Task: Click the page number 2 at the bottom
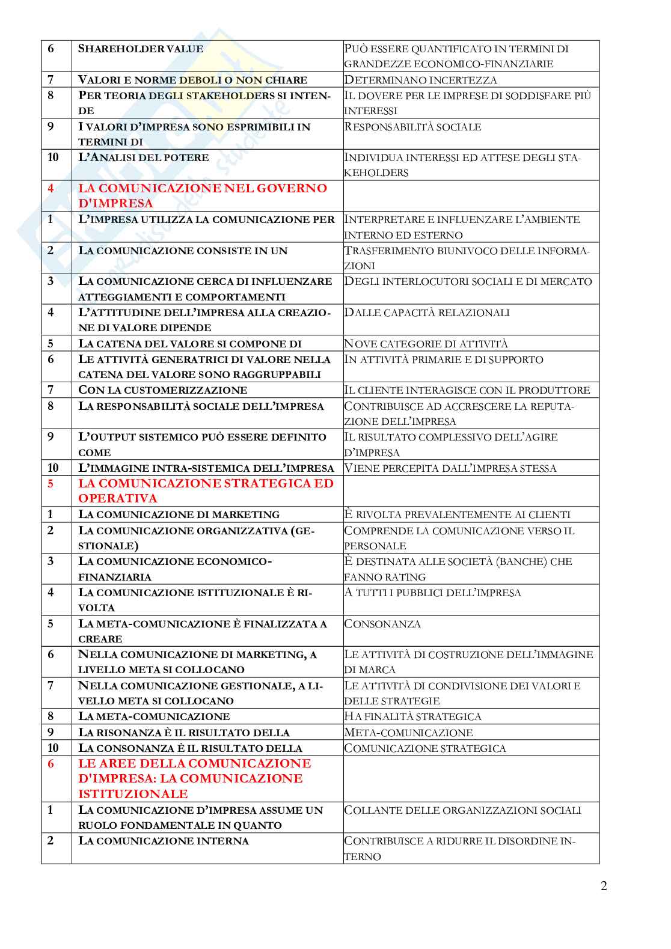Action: [604, 886]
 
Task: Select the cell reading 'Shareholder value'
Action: [141, 49]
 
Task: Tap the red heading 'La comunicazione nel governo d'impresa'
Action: [203, 195]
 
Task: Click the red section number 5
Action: [51, 483]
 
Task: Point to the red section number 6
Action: [51, 763]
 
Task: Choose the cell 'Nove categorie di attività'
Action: [426, 344]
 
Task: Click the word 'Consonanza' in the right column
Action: [382, 624]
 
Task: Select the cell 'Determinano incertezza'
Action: [420, 80]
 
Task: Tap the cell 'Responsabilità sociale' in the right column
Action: [412, 127]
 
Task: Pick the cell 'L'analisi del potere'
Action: [144, 157]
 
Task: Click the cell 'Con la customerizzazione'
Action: [163, 390]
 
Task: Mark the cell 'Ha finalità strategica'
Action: [412, 716]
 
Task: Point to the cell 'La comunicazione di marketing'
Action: [179, 514]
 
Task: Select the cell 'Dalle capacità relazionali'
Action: [427, 313]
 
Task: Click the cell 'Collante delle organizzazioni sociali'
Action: [462, 810]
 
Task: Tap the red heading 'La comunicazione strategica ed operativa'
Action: [206, 490]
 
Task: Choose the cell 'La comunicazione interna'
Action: [164, 841]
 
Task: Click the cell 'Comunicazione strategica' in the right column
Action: [425, 748]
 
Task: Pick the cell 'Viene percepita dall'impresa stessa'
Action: [450, 468]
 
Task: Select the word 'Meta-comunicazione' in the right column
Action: [408, 733]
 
